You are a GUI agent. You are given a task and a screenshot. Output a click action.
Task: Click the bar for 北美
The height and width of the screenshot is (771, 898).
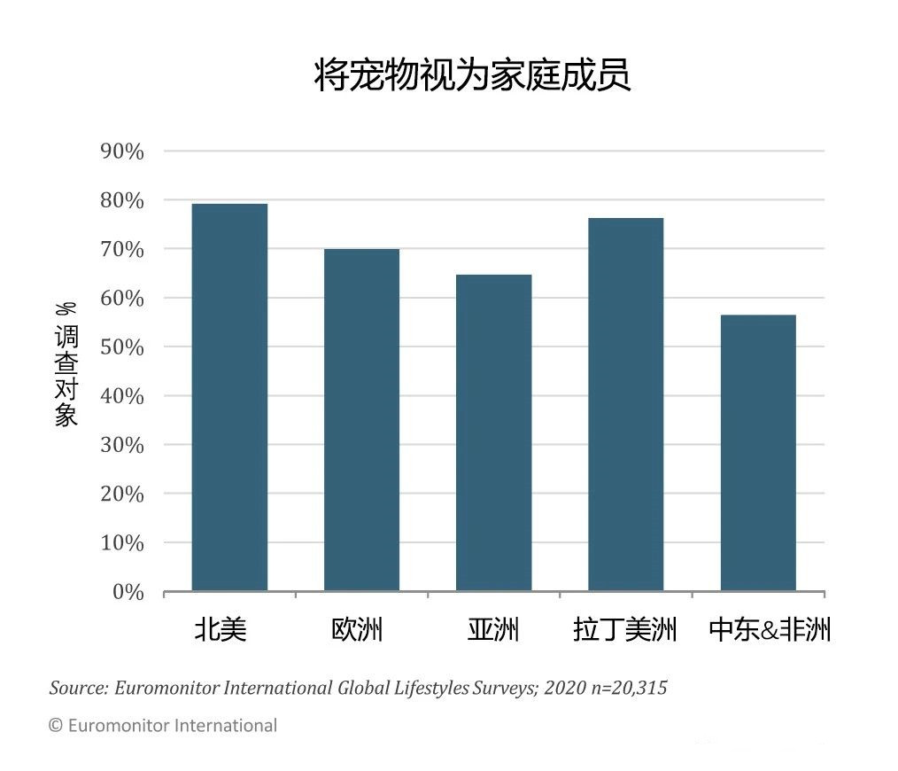(x=229, y=397)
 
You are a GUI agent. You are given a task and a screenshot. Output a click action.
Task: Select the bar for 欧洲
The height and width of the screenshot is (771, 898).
(x=361, y=419)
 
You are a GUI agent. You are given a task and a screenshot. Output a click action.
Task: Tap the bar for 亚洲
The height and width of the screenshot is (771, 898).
(x=493, y=432)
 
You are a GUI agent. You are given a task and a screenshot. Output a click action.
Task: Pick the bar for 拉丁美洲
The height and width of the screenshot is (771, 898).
(x=625, y=404)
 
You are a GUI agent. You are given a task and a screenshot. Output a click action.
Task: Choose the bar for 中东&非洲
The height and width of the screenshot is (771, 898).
(x=758, y=452)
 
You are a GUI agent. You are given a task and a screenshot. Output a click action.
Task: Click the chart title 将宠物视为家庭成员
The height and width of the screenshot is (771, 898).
(x=472, y=76)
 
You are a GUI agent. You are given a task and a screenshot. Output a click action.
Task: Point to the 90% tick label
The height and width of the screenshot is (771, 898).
(x=121, y=152)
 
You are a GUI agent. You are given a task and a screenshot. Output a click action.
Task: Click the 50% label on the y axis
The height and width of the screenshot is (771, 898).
(x=121, y=347)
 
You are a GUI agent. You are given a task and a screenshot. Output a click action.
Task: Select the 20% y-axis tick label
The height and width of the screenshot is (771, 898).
(x=121, y=495)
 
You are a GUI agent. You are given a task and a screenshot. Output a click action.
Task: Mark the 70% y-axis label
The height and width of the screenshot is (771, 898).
(x=121, y=250)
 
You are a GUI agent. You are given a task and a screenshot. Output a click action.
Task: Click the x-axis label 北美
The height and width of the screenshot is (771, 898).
(x=221, y=630)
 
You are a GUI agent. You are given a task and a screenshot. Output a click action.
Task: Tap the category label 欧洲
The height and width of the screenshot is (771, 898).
(x=358, y=630)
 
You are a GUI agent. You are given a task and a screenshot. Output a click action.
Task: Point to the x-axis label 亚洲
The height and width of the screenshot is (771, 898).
(x=493, y=630)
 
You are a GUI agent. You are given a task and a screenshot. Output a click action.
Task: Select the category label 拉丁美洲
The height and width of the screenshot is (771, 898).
(x=625, y=630)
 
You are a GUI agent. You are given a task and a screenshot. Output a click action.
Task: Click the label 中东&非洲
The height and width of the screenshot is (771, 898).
(x=770, y=630)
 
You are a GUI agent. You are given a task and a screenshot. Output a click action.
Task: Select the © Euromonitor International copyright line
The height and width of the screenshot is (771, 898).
(x=162, y=726)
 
